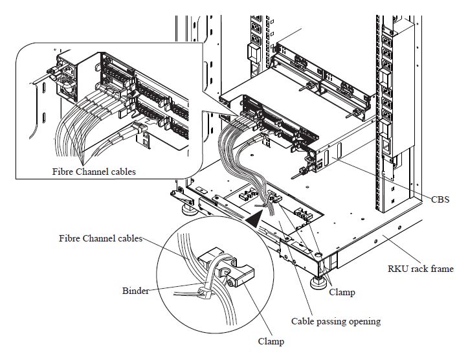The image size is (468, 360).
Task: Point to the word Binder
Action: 135,291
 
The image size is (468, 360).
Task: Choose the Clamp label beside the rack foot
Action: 342,292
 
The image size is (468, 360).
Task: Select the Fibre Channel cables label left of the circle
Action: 98,238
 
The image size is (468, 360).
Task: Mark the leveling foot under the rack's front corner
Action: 318,281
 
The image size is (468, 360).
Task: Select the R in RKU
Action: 392,269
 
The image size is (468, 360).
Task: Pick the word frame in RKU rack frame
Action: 441,269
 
